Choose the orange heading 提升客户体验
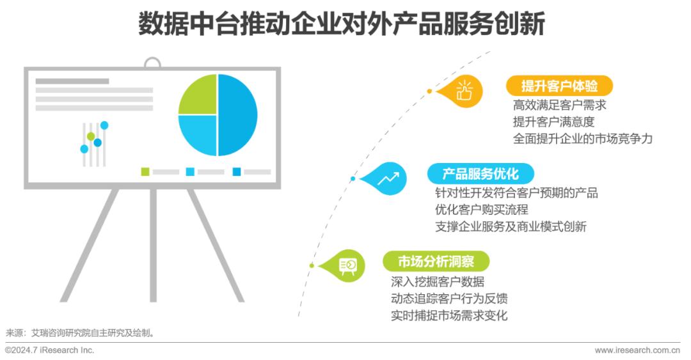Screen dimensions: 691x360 click(x=559, y=86)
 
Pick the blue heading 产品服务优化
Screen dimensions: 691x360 click(x=481, y=174)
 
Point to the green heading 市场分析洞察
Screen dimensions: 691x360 click(x=436, y=262)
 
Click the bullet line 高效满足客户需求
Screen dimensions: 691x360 click(x=560, y=105)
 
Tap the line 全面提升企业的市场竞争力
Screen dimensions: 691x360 click(x=583, y=138)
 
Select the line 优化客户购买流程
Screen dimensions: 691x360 click(x=482, y=209)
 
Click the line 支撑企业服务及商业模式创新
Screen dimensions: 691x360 click(x=511, y=226)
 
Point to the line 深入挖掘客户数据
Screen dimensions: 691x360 click(x=438, y=281)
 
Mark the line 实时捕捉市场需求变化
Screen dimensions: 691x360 click(x=449, y=315)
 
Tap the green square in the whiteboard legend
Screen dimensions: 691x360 click(x=145, y=171)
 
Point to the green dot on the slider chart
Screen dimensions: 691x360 click(x=91, y=136)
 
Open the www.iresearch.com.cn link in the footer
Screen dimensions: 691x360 click(x=637, y=350)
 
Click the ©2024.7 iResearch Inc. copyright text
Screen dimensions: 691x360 click(x=50, y=350)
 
